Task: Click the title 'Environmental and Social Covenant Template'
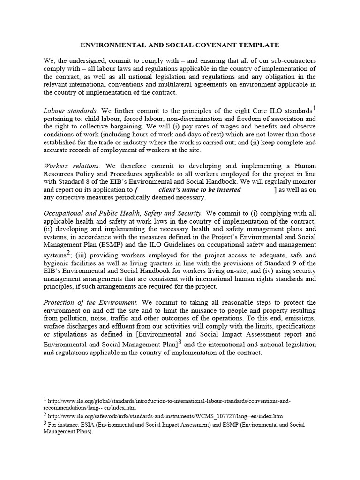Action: point(180,45)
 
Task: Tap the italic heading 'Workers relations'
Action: point(71,166)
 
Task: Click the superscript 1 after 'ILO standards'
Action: point(315,108)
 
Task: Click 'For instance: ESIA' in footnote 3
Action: point(75,425)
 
